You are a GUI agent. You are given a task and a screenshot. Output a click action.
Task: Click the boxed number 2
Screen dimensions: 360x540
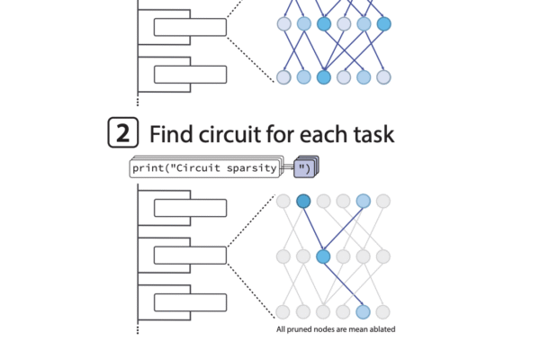124,134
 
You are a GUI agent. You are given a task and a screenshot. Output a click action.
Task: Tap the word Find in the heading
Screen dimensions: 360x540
171,135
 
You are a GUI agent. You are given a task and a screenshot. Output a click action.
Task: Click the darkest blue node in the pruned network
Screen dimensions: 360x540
304,201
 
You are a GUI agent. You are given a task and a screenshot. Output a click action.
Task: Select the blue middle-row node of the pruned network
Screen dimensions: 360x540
324,256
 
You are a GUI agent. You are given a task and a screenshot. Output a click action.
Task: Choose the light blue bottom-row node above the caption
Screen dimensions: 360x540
364,312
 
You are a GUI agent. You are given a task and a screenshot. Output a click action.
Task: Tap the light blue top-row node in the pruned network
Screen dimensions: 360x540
364,201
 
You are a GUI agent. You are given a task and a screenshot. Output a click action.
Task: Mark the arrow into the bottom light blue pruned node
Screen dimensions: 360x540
345,285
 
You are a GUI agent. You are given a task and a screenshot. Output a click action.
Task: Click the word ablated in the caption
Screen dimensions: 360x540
380,329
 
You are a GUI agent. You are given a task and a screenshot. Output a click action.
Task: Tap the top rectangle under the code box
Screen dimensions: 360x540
189,208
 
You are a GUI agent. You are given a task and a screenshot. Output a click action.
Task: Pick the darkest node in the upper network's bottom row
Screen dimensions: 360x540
324,77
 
